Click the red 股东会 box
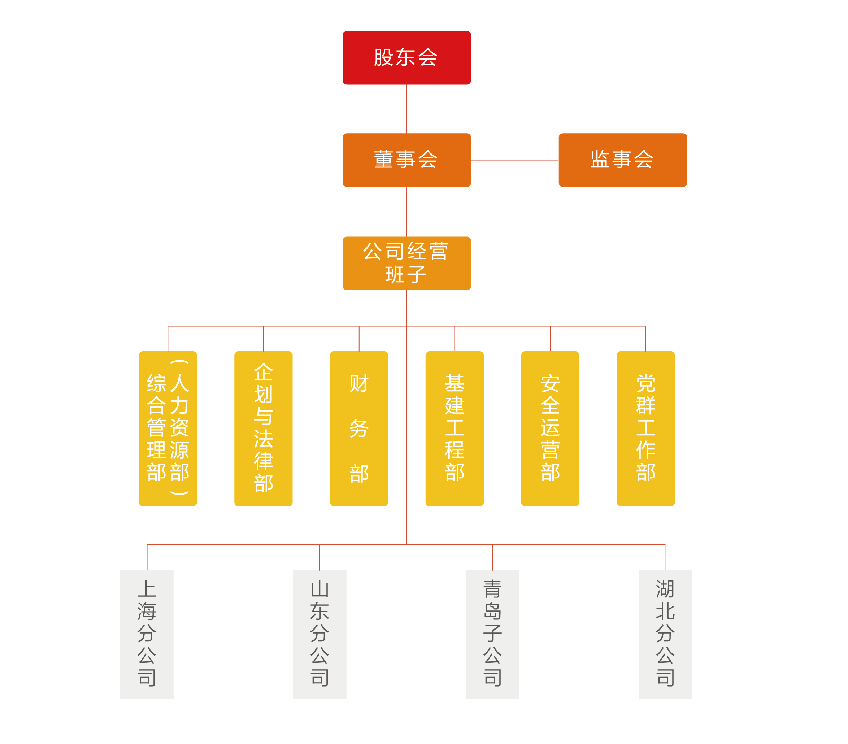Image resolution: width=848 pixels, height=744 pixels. pyautogui.click(x=406, y=58)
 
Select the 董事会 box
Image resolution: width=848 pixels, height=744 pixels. pyautogui.click(x=406, y=160)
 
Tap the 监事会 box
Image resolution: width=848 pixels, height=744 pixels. pyautogui.click(x=622, y=160)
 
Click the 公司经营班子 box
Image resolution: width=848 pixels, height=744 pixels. pyautogui.click(x=406, y=263)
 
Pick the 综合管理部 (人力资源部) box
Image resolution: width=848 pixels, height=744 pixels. pyautogui.click(x=168, y=428)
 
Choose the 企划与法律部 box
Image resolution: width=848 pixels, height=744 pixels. pyautogui.click(x=264, y=428)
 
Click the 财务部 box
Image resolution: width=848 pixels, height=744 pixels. pyautogui.click(x=359, y=428)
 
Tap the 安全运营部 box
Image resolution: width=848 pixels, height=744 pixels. pyautogui.click(x=550, y=428)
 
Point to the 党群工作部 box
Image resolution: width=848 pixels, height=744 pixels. pyautogui.click(x=645, y=428)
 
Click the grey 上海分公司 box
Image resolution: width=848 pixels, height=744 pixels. pyautogui.click(x=147, y=634)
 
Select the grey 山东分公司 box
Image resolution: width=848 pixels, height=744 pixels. pyautogui.click(x=319, y=634)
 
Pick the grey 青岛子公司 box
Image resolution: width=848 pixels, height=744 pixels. pyautogui.click(x=492, y=634)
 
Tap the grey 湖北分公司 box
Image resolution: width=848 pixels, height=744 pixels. pyautogui.click(x=665, y=634)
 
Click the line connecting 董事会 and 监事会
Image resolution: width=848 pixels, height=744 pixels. pyautogui.click(x=514, y=160)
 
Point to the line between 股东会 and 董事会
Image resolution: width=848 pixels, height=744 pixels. pyautogui.click(x=406, y=109)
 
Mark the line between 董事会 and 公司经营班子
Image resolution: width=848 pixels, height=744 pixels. pyautogui.click(x=406, y=212)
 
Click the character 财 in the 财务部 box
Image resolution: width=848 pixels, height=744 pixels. pyautogui.click(x=359, y=383)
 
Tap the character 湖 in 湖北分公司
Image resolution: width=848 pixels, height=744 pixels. pyautogui.click(x=665, y=589)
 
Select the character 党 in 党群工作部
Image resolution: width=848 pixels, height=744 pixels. pyautogui.click(x=645, y=383)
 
